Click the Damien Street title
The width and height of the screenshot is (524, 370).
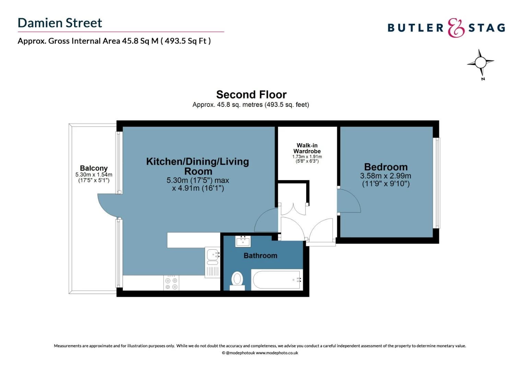60,23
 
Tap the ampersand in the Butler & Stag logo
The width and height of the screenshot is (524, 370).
456,28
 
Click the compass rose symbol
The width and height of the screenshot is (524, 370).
480,63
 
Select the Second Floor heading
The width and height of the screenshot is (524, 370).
251,95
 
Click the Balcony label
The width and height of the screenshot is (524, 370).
94,168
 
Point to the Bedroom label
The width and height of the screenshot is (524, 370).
386,167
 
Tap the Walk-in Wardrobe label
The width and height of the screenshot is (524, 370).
307,148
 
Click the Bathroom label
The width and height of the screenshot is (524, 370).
260,256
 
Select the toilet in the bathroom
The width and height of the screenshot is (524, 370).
237,280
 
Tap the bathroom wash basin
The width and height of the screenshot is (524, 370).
243,241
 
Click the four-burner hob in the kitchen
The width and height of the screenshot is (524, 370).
171,283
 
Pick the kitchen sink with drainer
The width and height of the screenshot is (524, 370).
213,262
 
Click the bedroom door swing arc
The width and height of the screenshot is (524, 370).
349,201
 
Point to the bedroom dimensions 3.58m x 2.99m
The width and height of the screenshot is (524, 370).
385,176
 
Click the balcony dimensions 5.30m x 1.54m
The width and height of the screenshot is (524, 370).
94,175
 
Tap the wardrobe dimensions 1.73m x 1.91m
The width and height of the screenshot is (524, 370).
307,157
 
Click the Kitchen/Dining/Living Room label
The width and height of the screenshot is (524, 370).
198,166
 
